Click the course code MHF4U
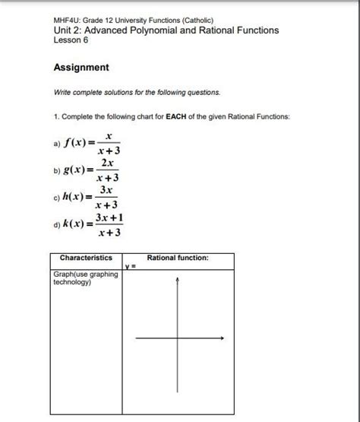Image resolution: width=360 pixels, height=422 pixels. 67,20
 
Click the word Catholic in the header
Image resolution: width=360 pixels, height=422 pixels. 195,20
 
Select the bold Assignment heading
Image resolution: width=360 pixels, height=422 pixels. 81,68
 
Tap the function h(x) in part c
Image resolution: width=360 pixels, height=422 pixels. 75,195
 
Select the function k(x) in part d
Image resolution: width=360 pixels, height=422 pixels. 75,224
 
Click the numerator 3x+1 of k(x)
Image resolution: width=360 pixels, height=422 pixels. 109,217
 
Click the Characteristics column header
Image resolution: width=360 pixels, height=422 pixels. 86,259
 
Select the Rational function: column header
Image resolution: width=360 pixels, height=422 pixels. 178,259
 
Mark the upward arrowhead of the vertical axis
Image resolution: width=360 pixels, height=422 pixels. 178,279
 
